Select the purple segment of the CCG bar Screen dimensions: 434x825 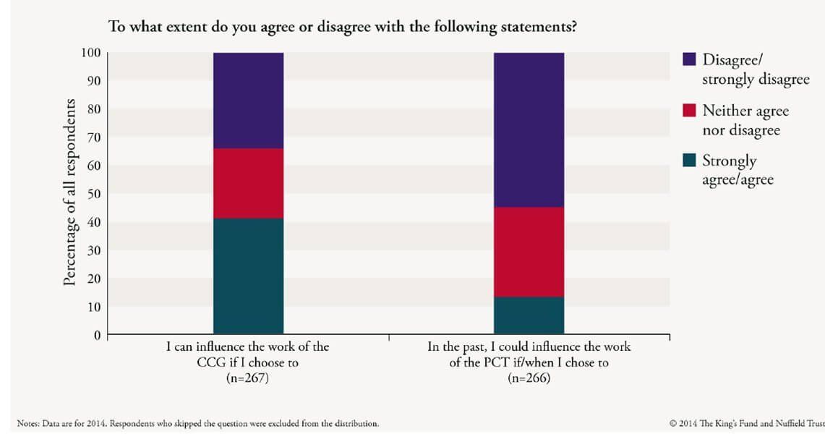tap(248, 101)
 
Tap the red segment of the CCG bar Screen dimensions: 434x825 tap(248, 183)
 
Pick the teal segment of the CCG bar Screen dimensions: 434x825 tap(248, 276)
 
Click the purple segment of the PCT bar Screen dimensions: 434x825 tap(529, 129)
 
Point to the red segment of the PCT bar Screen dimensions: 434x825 tap(529, 252)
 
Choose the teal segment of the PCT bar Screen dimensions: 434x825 tap(529, 315)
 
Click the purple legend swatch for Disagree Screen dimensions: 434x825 tap(690, 59)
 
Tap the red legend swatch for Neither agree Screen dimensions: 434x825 tap(690, 111)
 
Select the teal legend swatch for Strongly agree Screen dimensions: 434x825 tap(690, 161)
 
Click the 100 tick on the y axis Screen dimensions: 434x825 tap(90, 53)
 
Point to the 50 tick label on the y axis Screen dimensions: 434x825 tap(94, 194)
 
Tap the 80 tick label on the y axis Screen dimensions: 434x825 tap(94, 109)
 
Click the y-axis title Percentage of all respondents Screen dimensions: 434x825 tap(69, 192)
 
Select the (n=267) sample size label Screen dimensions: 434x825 tap(247, 378)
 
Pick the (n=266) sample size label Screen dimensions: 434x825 tap(529, 378)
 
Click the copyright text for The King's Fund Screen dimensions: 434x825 tap(747, 423)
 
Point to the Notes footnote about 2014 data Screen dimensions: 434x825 tap(197, 423)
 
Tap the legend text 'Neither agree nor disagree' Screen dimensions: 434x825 tap(745, 120)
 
